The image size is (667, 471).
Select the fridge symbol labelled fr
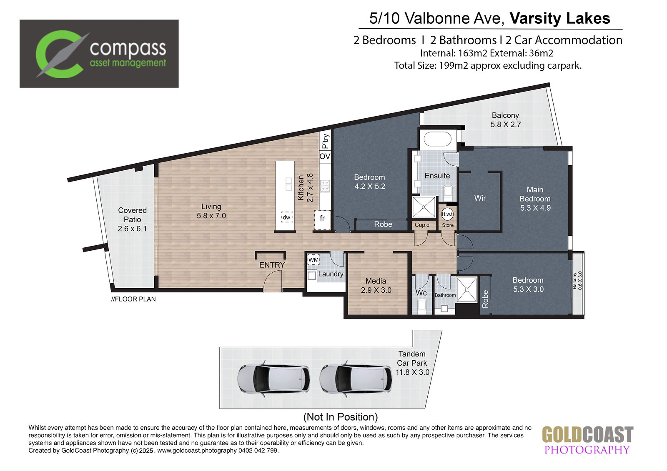point(323,219)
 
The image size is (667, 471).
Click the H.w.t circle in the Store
point(447,214)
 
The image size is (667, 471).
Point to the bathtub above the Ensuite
point(438,139)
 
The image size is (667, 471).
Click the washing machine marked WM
point(313,260)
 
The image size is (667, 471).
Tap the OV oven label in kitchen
point(325,156)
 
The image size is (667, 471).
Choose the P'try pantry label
point(326,141)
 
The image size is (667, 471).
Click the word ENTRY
point(272,265)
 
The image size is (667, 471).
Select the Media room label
point(376,281)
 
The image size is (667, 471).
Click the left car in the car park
point(273,379)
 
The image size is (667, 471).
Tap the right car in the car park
point(356,379)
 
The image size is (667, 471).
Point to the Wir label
point(480,198)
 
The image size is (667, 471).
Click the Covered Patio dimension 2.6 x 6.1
point(132,229)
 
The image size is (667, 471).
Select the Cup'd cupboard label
point(422,225)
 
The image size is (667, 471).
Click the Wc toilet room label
point(421,293)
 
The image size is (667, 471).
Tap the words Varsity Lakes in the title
point(560,18)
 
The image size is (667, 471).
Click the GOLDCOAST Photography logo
point(587,440)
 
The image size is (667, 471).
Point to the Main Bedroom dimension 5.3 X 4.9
point(535,208)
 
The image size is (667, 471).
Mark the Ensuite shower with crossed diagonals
point(424,207)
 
